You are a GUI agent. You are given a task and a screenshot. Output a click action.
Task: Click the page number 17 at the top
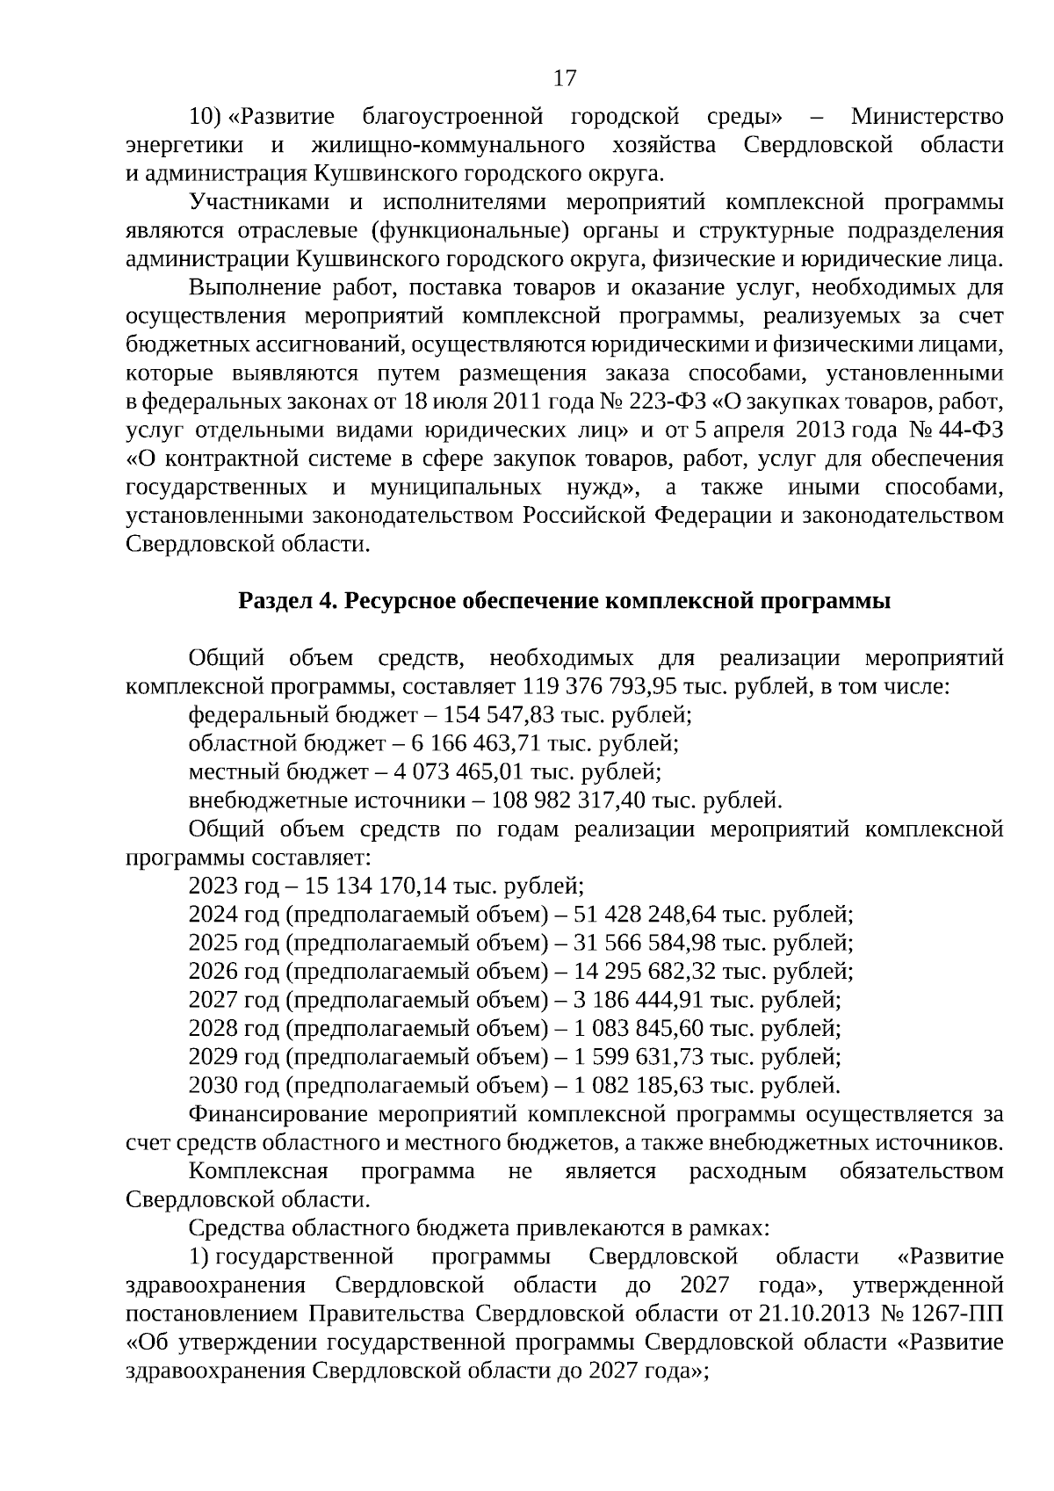tap(566, 78)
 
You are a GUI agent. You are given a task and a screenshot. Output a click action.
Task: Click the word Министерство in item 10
tap(927, 117)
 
